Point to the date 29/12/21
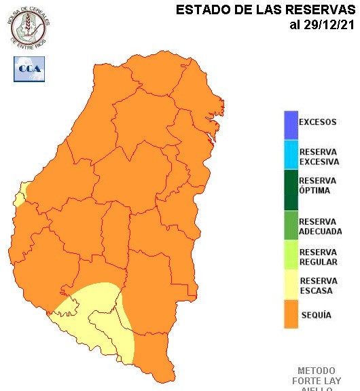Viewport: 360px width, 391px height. click(330, 25)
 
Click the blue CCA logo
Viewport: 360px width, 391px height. click(29, 69)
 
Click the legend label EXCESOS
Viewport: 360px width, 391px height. click(317, 123)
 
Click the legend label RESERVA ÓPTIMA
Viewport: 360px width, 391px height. click(317, 185)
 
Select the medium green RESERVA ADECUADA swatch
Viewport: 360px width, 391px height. click(291, 226)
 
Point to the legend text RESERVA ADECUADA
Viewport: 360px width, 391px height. click(320, 226)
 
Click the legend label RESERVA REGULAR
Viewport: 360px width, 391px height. click(318, 256)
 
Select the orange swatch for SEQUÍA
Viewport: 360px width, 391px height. click(291, 315)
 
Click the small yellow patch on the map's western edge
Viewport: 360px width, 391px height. click(22, 193)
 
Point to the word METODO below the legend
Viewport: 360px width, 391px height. click(317, 371)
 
